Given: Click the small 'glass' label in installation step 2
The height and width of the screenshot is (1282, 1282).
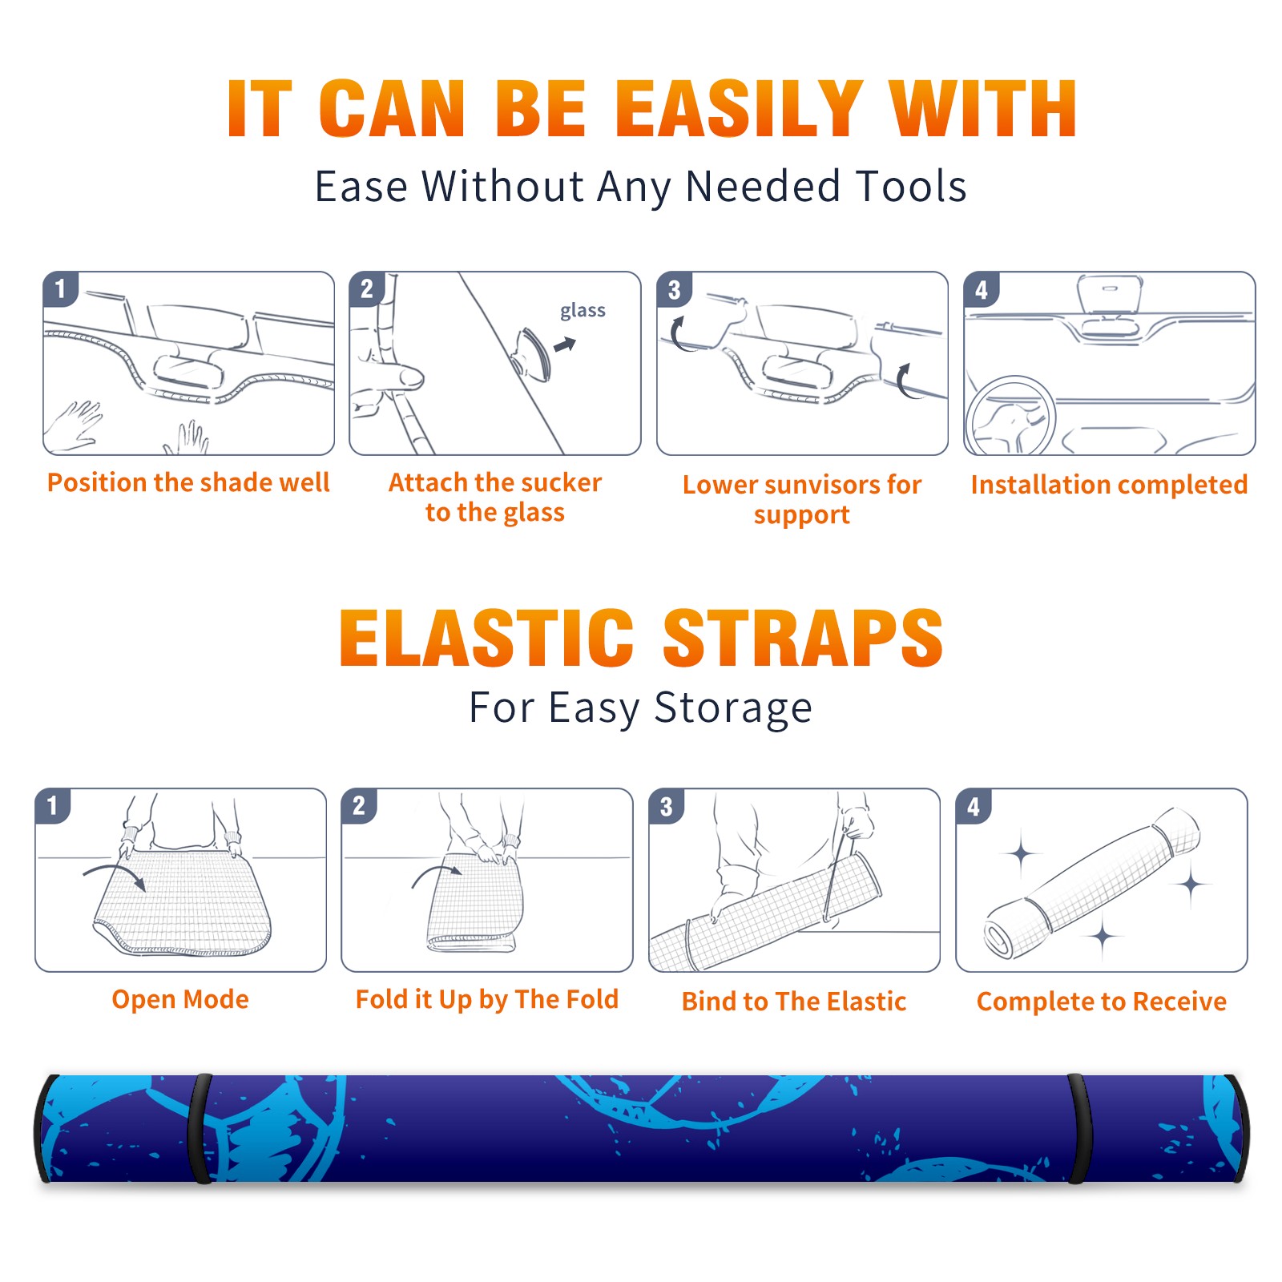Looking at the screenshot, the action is coord(583,311).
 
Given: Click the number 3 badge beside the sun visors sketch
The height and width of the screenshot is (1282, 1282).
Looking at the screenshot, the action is coord(674,289).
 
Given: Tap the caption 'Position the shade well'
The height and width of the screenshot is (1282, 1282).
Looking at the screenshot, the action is coord(188,482).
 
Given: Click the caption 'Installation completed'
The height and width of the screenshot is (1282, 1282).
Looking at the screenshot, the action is coord(1109,485).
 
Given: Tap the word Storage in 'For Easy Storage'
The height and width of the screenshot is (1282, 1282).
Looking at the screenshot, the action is coord(733,708).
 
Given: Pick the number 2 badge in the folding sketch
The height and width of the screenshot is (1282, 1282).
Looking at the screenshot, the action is coord(358,805).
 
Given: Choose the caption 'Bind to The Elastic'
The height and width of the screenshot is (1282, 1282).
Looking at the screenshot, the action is coord(793,1002).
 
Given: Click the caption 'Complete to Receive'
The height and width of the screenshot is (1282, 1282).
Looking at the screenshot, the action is coord(1102,1002).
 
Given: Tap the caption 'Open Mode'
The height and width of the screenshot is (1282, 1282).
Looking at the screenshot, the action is coord(180,1000).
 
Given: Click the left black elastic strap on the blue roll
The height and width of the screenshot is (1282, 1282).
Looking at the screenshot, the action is coord(200,1128).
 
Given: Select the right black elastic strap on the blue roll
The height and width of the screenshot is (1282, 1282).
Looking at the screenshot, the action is coord(1080,1128).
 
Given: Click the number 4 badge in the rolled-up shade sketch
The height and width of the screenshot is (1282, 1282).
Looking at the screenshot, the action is coord(973,805).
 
